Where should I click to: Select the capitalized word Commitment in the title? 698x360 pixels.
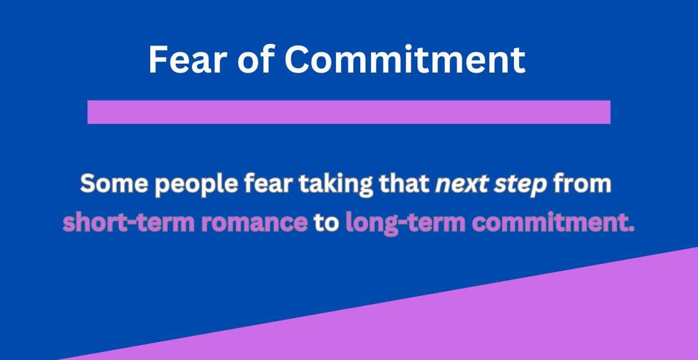[x=404, y=59]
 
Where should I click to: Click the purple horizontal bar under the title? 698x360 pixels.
[x=349, y=111]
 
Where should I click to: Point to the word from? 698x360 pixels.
[x=583, y=185]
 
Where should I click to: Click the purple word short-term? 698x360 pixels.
[x=119, y=223]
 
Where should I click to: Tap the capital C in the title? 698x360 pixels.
[x=296, y=59]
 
